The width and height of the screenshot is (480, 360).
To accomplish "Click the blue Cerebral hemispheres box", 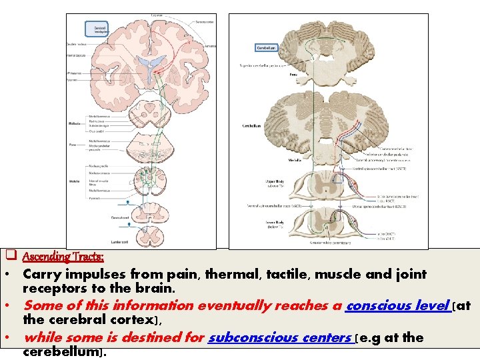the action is click(101, 29).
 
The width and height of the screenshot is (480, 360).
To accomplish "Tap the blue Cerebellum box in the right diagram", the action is click(265, 48).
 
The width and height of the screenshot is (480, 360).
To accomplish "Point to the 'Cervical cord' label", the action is click(120, 217).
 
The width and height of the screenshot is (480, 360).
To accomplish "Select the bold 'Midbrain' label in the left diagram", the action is click(75, 123).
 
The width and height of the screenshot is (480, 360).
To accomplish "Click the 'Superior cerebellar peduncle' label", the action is click(263, 65).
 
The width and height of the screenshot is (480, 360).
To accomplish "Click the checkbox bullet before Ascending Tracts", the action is click(11, 255).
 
